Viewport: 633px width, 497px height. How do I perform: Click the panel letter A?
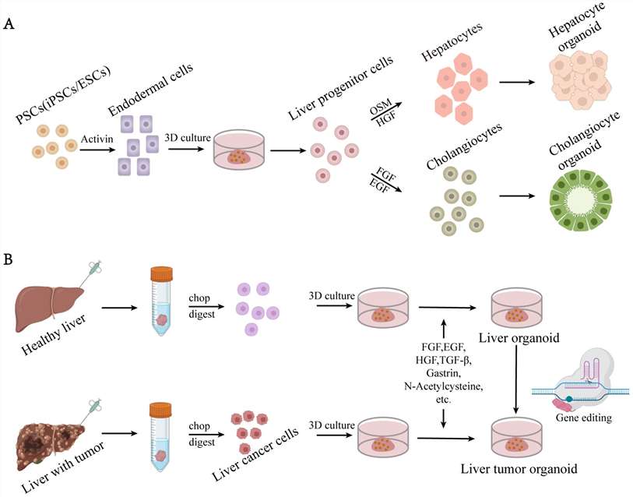click(x=9, y=24)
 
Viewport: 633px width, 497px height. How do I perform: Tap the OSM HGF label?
click(x=383, y=111)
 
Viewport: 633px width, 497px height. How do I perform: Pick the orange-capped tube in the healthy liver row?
click(x=161, y=307)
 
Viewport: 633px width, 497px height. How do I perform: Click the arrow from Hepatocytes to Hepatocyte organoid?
click(x=521, y=82)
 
